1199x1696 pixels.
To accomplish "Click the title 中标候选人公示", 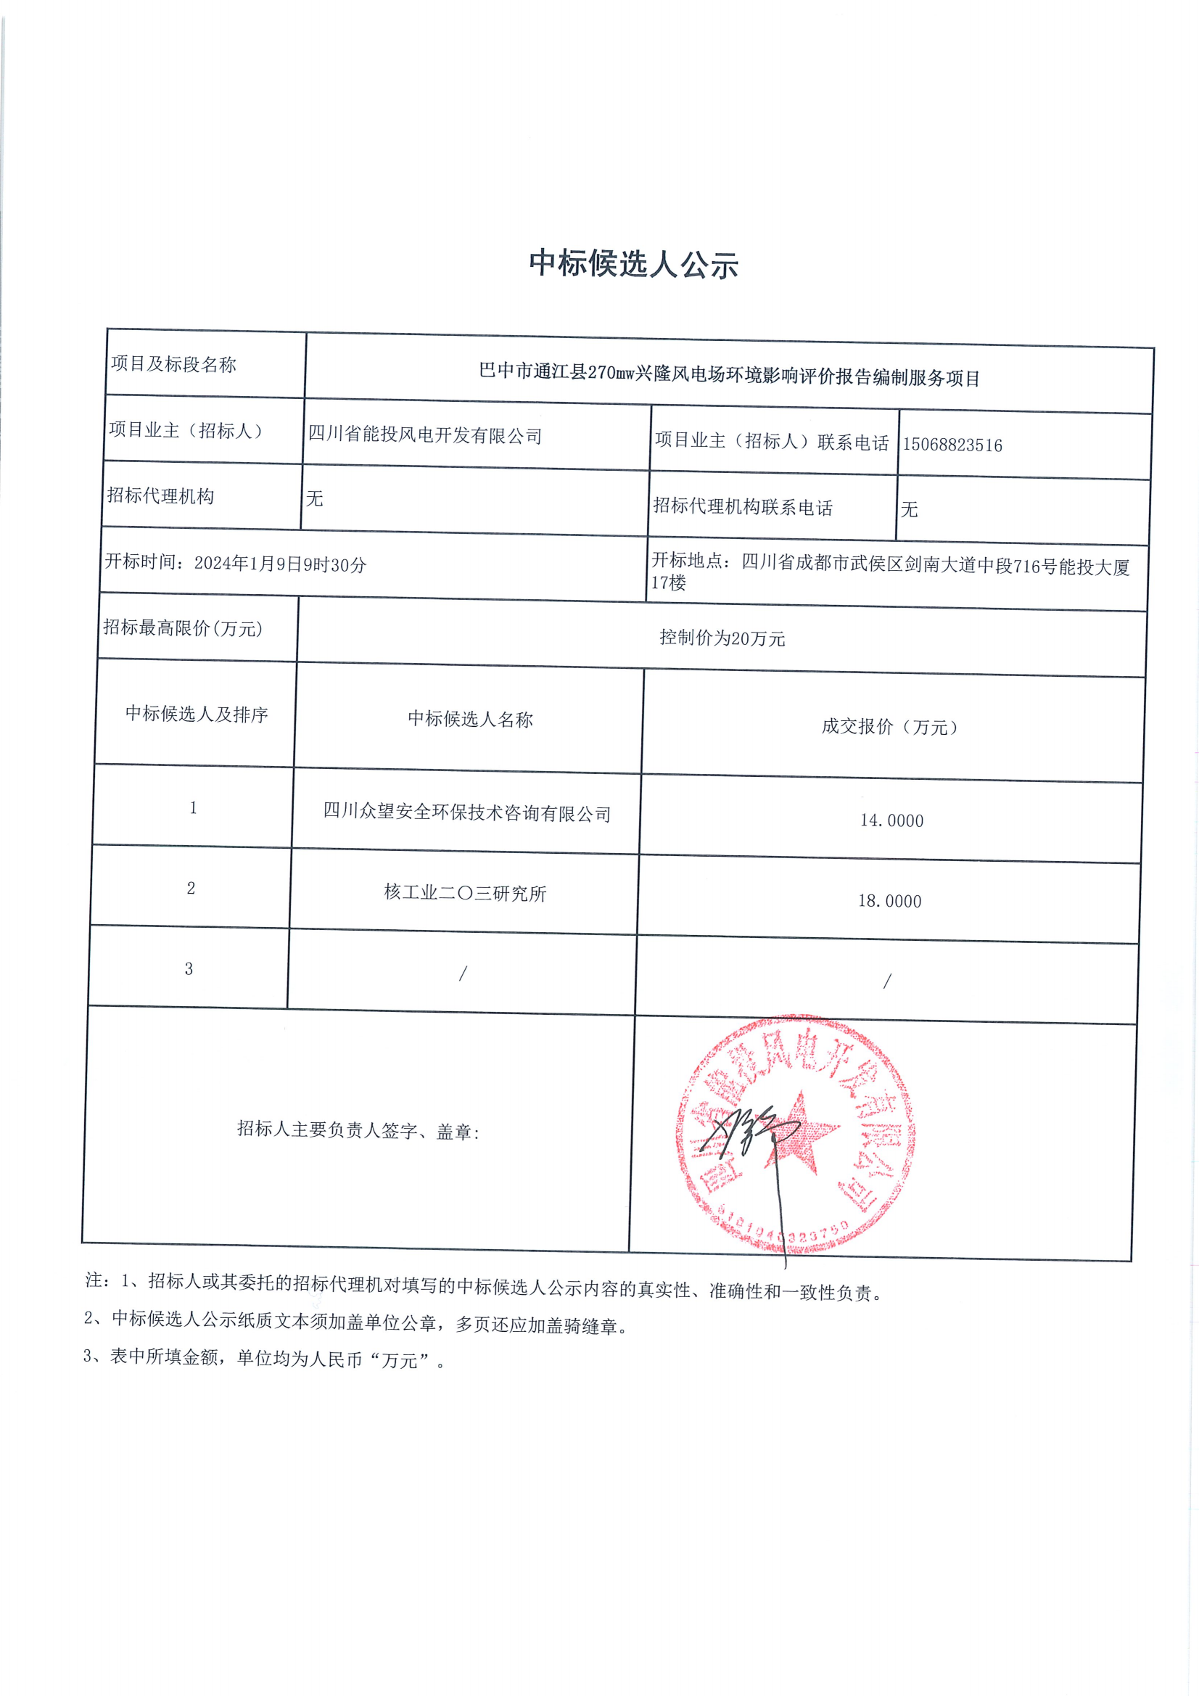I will click(x=633, y=264).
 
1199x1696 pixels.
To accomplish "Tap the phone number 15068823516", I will click(x=952, y=445).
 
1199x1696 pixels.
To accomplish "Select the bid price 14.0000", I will click(x=891, y=820).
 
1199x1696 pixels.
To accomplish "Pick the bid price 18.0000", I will click(x=889, y=900).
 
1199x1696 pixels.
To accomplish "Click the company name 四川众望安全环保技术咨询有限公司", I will click(x=467, y=812).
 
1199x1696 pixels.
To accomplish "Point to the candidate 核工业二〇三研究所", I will click(x=465, y=893).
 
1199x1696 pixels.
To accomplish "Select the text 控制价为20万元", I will click(x=722, y=638).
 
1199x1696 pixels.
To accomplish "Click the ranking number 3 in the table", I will click(x=189, y=968).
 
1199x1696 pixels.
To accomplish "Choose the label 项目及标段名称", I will click(x=173, y=364).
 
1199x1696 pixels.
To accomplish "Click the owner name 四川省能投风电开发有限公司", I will click(x=425, y=435).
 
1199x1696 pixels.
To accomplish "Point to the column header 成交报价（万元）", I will click(x=890, y=727).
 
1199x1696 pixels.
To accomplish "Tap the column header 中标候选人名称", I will click(x=470, y=719).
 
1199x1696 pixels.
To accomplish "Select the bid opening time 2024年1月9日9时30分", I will click(x=280, y=564).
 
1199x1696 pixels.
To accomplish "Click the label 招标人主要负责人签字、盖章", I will click(x=358, y=1130).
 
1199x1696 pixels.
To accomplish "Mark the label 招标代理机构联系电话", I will click(x=743, y=507).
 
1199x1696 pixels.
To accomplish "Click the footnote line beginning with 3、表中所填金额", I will click(x=265, y=1359).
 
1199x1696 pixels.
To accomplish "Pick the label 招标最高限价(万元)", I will click(x=183, y=628).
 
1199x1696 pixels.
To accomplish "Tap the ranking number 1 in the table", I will click(x=194, y=807).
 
